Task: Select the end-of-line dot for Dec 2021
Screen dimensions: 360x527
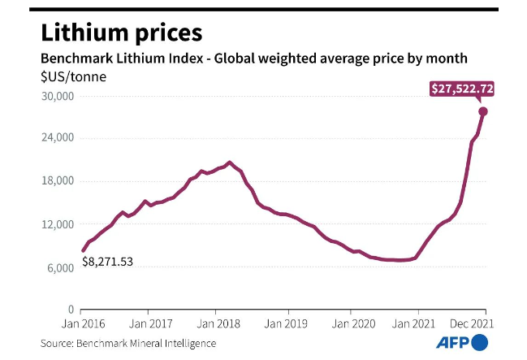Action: [x=482, y=111]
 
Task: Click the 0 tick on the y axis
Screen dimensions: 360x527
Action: [x=71, y=310]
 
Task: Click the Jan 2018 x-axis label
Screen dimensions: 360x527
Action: [x=215, y=323]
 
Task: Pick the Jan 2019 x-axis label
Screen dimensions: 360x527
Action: [x=283, y=323]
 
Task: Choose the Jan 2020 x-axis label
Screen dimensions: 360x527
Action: [x=351, y=323]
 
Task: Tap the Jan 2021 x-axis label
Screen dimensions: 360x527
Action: [x=418, y=323]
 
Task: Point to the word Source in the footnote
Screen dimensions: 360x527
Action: [x=58, y=343]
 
